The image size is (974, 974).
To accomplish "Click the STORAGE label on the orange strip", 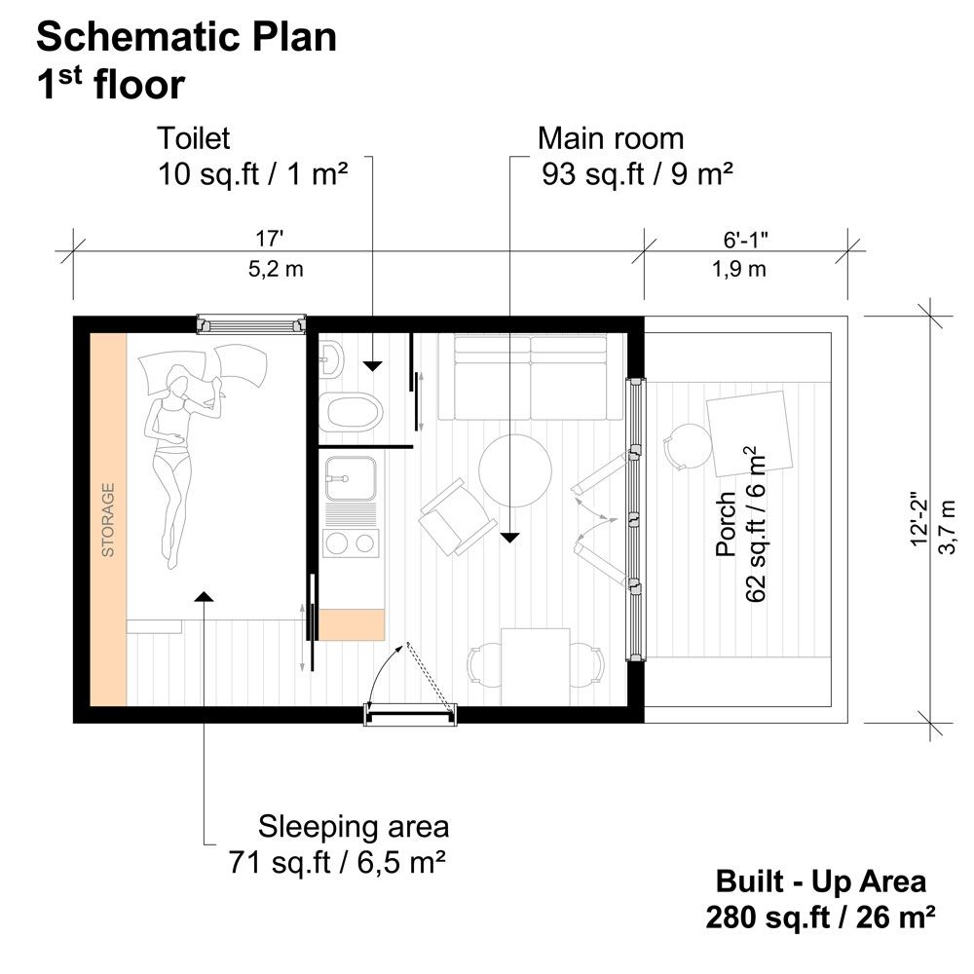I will (108, 520).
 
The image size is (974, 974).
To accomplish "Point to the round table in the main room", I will (515, 470).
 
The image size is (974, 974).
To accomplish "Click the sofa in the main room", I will (530, 377).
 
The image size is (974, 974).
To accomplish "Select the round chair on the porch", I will (688, 447).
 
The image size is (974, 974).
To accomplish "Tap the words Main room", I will (611, 138).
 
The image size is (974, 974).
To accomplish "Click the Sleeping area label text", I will (354, 827).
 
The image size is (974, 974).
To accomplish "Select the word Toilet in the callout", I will (194, 138).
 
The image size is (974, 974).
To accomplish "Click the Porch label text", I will (726, 525).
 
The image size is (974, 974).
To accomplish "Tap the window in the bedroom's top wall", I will (251, 323).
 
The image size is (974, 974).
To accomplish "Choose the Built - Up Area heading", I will (821, 881).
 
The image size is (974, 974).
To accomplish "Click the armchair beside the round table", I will (455, 516).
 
